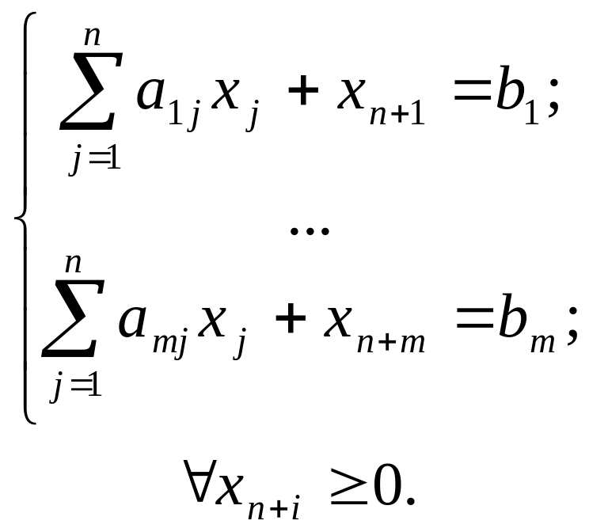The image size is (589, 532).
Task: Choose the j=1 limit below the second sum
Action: (x=76, y=388)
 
